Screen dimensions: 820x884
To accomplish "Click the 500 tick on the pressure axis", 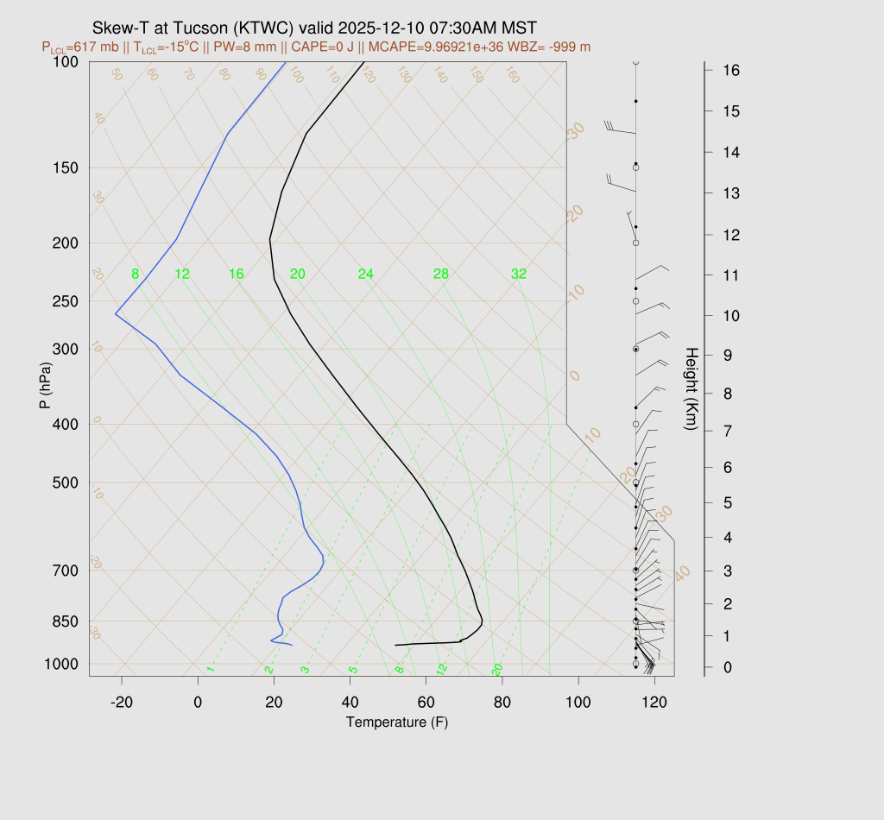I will click(66, 483).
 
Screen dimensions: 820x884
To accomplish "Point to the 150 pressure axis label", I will click(66, 167).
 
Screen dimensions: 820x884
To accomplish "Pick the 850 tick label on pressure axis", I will click(66, 621).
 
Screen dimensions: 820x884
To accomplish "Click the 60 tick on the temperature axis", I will click(426, 703).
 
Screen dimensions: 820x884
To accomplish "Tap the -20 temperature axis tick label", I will click(122, 703).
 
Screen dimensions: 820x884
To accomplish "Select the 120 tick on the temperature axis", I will click(654, 703).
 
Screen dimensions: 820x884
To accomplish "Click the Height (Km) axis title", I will click(691, 390).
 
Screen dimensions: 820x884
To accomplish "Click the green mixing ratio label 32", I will click(519, 274).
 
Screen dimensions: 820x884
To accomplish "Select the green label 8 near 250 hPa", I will click(135, 274).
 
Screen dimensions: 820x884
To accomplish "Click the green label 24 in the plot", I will click(366, 274).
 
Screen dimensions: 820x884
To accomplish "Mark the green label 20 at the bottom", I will click(497, 670).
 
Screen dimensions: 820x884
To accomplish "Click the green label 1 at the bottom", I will click(210, 670).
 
